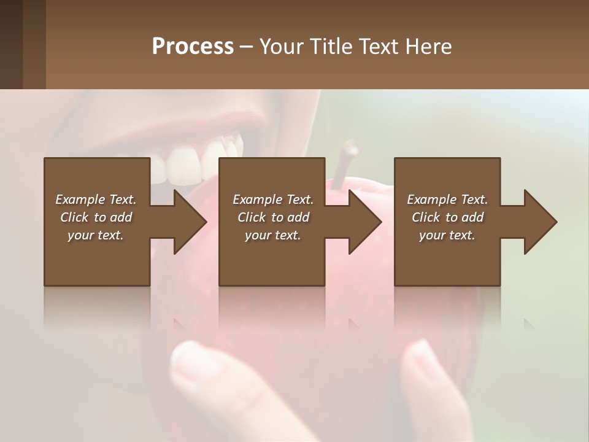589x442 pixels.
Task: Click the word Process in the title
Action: pos(193,47)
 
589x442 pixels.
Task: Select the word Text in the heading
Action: pos(379,47)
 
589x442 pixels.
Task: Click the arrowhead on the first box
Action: pos(190,222)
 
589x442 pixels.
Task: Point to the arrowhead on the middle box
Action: pos(365,222)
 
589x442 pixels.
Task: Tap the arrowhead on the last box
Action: pos(541,222)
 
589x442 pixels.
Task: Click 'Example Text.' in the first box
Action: pos(96,200)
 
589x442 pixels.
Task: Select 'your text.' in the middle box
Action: pos(273,235)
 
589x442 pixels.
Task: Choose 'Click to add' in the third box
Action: pos(448,217)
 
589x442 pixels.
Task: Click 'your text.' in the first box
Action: pos(96,235)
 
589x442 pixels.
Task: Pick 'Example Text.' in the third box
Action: pos(447,200)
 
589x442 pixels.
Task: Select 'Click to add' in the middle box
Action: pos(273,217)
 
